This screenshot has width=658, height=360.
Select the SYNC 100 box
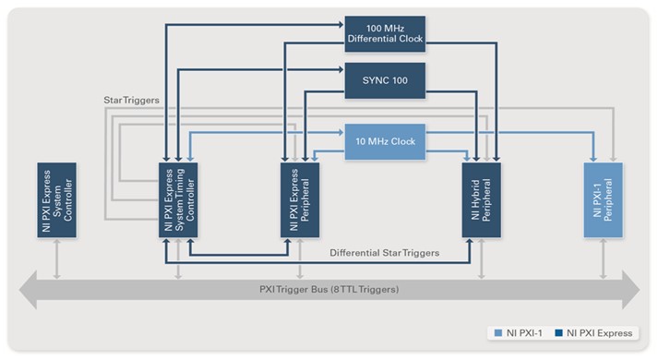pos(385,80)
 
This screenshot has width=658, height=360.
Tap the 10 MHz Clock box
pos(385,141)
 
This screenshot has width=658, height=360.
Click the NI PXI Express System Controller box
pos(57,200)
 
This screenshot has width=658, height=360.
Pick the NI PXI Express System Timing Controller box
pos(179,200)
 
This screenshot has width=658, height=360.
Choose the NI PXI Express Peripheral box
pos(300,200)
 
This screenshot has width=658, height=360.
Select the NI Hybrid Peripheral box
pos(481,200)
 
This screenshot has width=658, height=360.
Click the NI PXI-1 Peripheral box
pos(604,200)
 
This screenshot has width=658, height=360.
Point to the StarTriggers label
pos(129,97)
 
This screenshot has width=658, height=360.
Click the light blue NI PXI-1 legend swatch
pos(499,332)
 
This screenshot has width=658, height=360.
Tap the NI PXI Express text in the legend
pos(600,332)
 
